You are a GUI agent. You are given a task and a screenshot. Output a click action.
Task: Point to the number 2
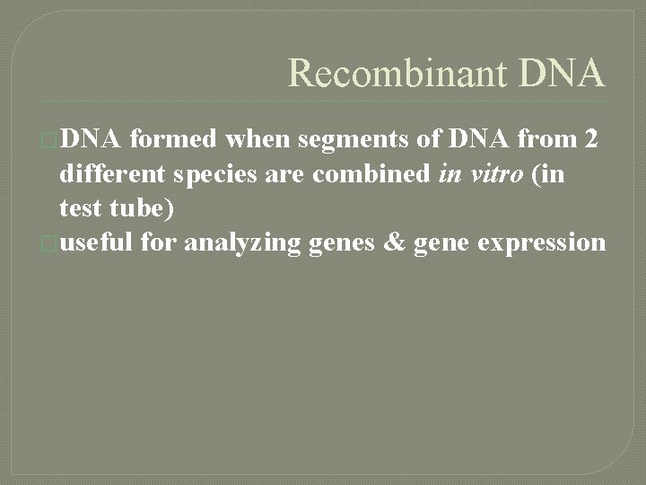click(589, 139)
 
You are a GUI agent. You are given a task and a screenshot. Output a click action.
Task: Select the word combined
click(371, 174)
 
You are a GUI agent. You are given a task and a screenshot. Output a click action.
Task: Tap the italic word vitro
click(493, 174)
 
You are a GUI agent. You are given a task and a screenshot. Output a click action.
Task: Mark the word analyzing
click(240, 243)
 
